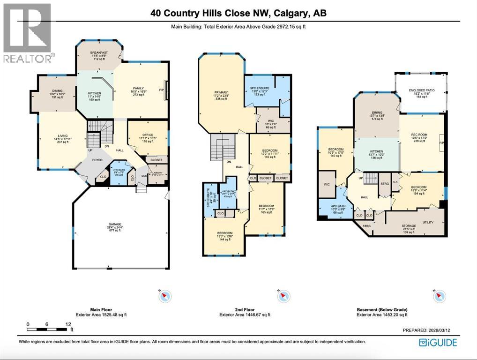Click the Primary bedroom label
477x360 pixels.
[x=217, y=93]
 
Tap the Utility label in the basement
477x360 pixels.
[x=428, y=222]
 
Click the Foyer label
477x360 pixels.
[x=97, y=160]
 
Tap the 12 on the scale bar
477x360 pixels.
[x=67, y=324]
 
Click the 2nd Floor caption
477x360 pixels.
[x=245, y=310]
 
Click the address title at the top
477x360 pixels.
[x=238, y=13]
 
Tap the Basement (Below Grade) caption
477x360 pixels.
[x=382, y=310]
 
